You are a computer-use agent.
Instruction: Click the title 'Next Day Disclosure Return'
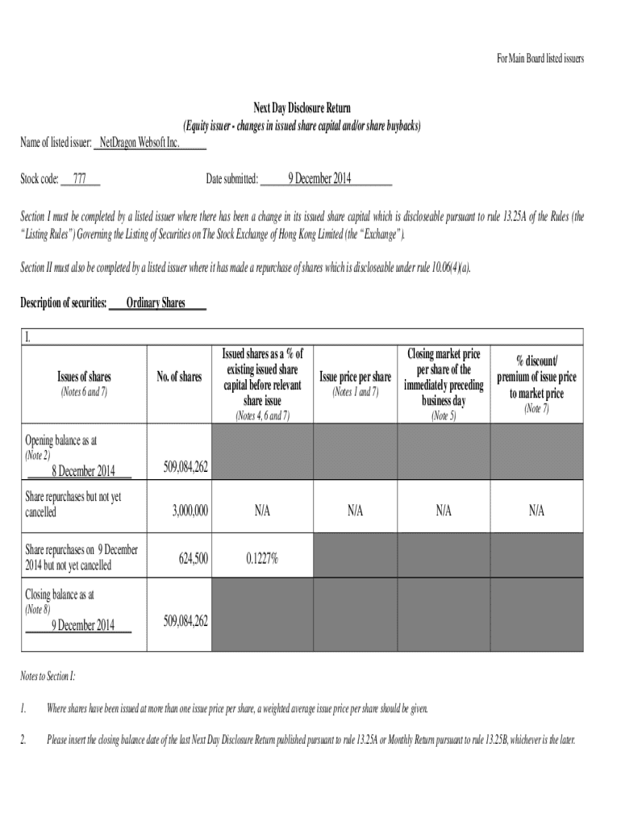pyautogui.click(x=302, y=108)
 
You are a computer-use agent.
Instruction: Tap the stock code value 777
pyautogui.click(x=80, y=178)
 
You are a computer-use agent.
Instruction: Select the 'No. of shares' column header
pyautogui.click(x=179, y=377)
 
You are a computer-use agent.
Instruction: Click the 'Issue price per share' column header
pyautogui.click(x=355, y=377)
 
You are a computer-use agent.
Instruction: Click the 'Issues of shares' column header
pyautogui.click(x=84, y=377)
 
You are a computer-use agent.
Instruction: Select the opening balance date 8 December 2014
pyautogui.click(x=84, y=471)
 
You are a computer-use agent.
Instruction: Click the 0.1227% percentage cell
pyautogui.click(x=262, y=558)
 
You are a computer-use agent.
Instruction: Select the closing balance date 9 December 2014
pyautogui.click(x=84, y=624)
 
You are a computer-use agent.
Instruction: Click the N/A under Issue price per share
pyautogui.click(x=355, y=511)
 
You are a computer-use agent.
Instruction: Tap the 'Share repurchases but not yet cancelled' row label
pyautogui.click(x=73, y=504)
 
